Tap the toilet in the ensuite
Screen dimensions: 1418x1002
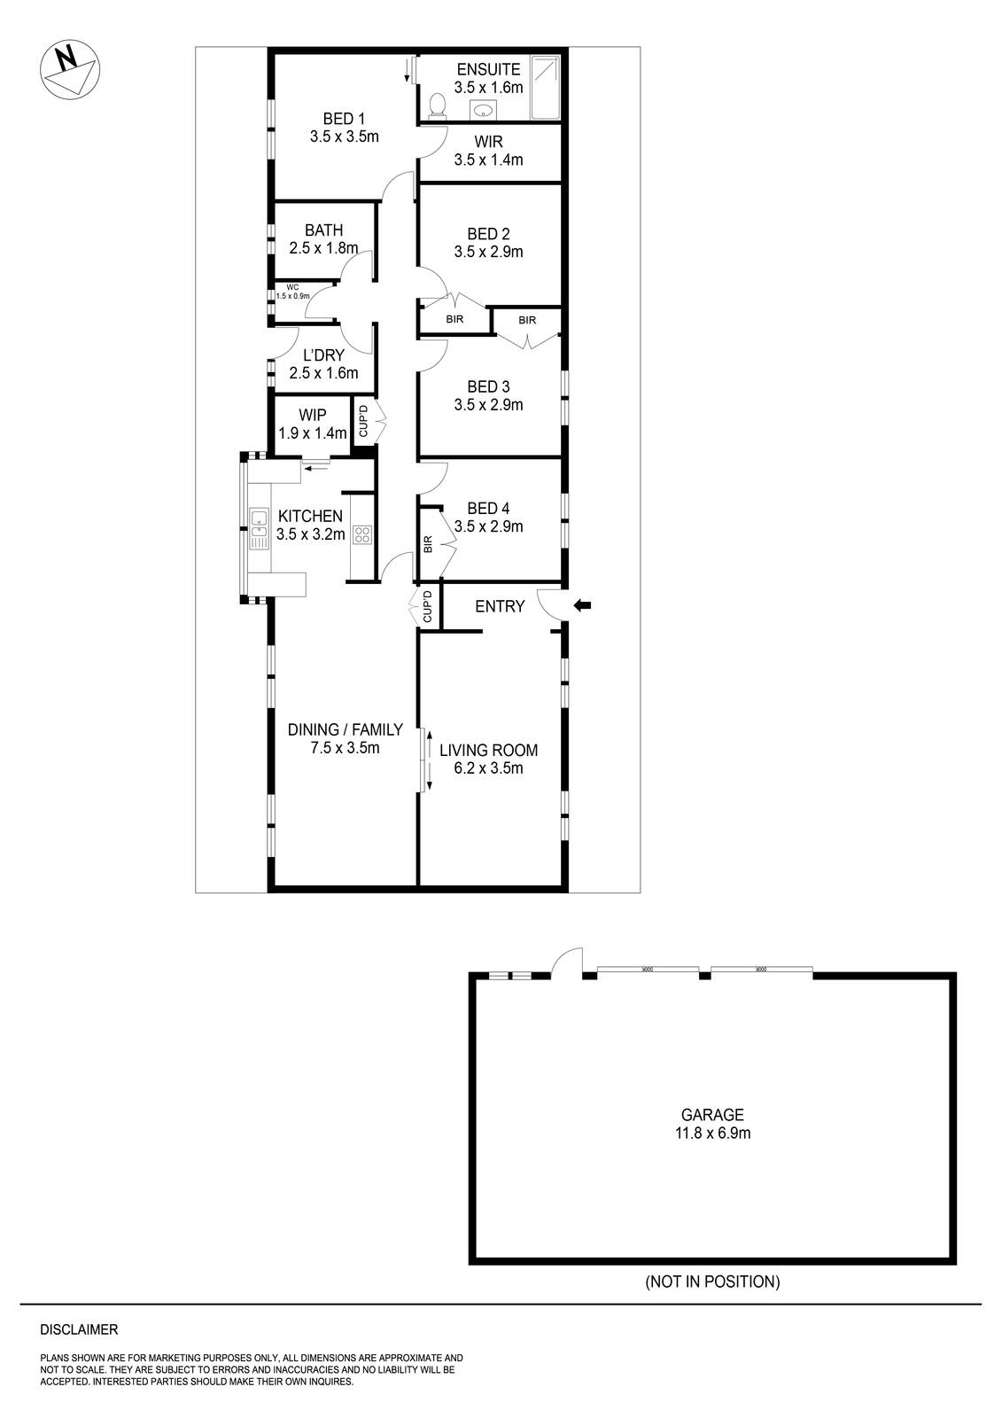point(435,106)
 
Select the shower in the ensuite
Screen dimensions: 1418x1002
point(545,87)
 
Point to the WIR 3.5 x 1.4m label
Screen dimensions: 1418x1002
point(488,152)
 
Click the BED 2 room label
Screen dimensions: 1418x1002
point(488,234)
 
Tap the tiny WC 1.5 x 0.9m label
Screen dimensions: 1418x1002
point(291,292)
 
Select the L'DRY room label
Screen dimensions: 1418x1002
point(323,355)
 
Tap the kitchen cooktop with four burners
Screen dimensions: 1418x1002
point(362,534)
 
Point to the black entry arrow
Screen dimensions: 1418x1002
point(583,605)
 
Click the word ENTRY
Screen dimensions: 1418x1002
point(500,606)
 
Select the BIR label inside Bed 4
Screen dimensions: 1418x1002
point(429,544)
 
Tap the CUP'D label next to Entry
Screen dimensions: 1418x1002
point(427,606)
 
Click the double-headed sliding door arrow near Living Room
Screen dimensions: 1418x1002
point(429,760)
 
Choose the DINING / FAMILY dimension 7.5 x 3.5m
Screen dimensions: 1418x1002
point(345,748)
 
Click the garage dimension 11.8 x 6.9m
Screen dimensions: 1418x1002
point(712,1133)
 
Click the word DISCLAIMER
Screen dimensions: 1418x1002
point(79,1329)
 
